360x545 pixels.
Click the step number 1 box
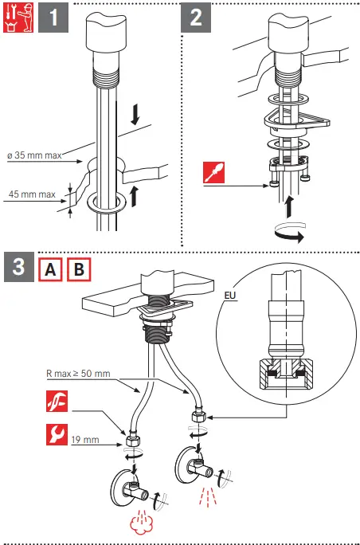coord(53,18)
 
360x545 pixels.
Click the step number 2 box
coord(196,18)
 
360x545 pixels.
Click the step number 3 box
coord(19,267)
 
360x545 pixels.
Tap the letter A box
coord(50,269)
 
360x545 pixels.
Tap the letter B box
coord(79,269)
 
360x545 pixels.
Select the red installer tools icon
coord(18,18)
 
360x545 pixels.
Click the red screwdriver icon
coord(213,172)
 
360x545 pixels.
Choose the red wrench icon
coord(57,434)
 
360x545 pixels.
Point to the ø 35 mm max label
coord(34,155)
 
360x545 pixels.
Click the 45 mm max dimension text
coord(32,194)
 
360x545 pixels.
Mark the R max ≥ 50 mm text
coord(78,374)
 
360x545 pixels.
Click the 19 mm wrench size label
coord(85,440)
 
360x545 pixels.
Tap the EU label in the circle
coord(230,296)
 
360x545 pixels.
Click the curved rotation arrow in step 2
coord(289,232)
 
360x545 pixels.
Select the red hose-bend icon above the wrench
coord(57,401)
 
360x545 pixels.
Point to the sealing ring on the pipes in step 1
coord(107,202)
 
